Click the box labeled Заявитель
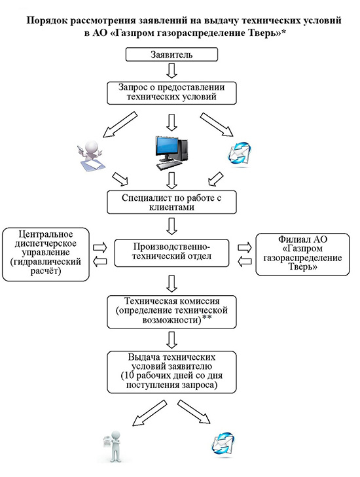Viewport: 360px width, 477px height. (x=171, y=54)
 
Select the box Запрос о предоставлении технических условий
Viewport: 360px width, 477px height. (x=171, y=93)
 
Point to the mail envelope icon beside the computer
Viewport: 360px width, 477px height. (x=239, y=154)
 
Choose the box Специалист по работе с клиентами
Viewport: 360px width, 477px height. (x=171, y=202)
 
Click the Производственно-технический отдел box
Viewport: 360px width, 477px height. (x=171, y=253)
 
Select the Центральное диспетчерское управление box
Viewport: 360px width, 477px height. (x=46, y=254)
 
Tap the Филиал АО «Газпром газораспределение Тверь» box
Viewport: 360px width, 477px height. (x=302, y=255)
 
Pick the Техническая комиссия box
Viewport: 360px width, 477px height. (x=171, y=311)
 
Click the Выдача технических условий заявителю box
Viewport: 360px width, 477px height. (x=171, y=372)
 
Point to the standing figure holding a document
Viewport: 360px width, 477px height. (x=113, y=446)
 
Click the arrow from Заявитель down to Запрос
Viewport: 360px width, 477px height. (x=172, y=71)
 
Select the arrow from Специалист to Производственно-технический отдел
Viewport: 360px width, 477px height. (x=172, y=226)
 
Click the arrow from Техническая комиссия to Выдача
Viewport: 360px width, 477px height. (x=172, y=340)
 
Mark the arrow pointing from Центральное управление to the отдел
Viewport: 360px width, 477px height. (x=99, y=247)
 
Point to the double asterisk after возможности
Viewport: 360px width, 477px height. (x=207, y=318)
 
